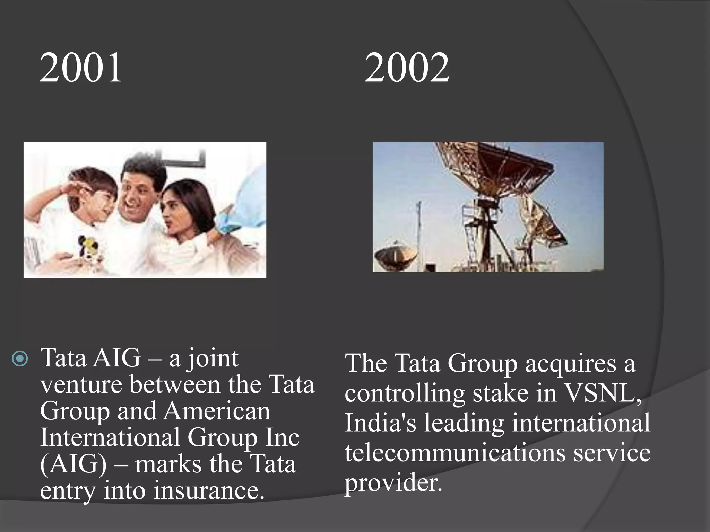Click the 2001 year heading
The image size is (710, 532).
click(81, 68)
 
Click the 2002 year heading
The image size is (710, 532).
click(407, 68)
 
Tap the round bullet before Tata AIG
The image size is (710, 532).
click(20, 359)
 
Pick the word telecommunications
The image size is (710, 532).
click(455, 453)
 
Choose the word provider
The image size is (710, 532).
click(393, 484)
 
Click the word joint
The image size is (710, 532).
click(213, 359)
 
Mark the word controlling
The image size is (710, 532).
click(405, 394)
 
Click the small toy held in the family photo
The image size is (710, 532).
click(86, 246)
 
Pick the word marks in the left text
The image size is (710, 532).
click(168, 464)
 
